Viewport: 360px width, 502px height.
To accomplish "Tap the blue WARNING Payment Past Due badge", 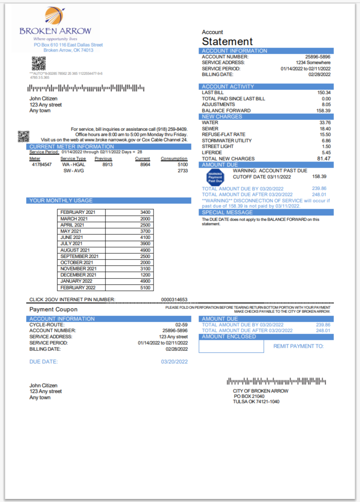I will tap(216, 177).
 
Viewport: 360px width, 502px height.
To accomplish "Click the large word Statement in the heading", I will tap(227, 42).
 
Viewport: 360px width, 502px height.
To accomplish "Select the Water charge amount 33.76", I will tap(325, 122).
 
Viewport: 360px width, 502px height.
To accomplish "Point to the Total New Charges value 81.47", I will tap(323, 159).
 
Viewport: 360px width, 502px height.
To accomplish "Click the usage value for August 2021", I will tap(145, 250).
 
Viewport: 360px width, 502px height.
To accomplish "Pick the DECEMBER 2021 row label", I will tap(78, 275).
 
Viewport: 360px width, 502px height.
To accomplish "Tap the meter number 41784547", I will tap(42, 164).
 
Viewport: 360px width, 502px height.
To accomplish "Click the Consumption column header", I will tap(174, 159).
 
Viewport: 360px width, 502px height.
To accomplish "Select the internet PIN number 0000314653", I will tap(174, 299).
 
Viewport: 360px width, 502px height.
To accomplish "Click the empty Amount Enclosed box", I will tap(231, 347).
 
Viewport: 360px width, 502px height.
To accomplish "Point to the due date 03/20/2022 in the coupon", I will tap(174, 362).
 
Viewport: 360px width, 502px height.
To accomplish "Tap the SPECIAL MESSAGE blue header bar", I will tap(266, 212).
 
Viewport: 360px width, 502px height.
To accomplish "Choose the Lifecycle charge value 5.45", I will tap(326, 152).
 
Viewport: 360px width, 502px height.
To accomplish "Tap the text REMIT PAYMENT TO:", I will tap(298, 346).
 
